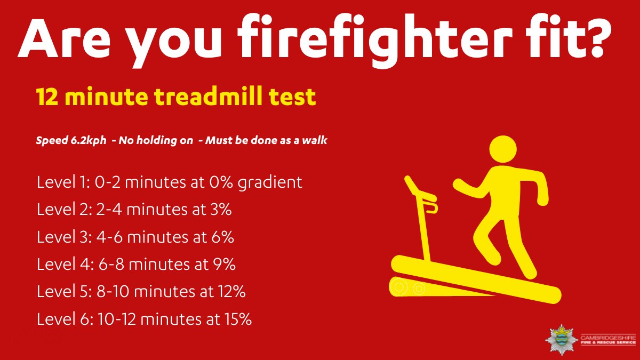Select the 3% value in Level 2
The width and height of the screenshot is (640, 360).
click(x=220, y=210)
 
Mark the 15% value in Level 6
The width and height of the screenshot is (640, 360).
click(x=237, y=319)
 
